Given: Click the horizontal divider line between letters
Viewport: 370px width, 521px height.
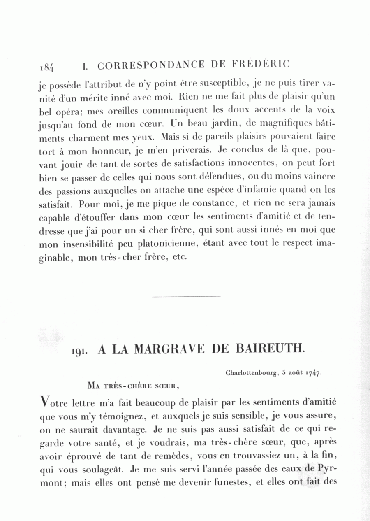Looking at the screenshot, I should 186,296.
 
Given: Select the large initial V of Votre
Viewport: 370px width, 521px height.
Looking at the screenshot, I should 45,401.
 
